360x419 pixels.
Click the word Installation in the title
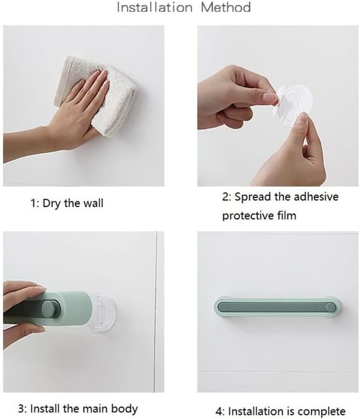coord(155,7)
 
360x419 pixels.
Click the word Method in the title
coord(226,7)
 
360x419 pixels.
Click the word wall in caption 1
coord(93,203)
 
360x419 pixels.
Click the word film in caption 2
coord(287,215)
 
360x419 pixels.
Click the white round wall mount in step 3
coord(104,313)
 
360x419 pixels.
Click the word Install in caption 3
coord(45,409)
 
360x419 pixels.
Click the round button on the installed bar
coord(331,307)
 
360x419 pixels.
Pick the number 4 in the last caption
coord(219,412)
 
